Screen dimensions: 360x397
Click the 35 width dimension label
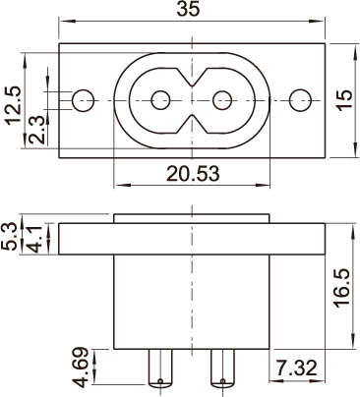click(188, 9)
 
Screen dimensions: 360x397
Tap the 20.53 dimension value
click(193, 174)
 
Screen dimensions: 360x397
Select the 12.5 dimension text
click(13, 105)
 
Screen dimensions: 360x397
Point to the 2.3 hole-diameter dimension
click(36, 129)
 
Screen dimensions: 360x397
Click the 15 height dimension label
click(344, 100)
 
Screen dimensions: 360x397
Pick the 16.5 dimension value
click(342, 288)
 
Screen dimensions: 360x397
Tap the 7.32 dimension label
click(296, 368)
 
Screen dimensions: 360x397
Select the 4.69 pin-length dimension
click(80, 367)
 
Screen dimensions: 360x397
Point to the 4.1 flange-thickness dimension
click(33, 239)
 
